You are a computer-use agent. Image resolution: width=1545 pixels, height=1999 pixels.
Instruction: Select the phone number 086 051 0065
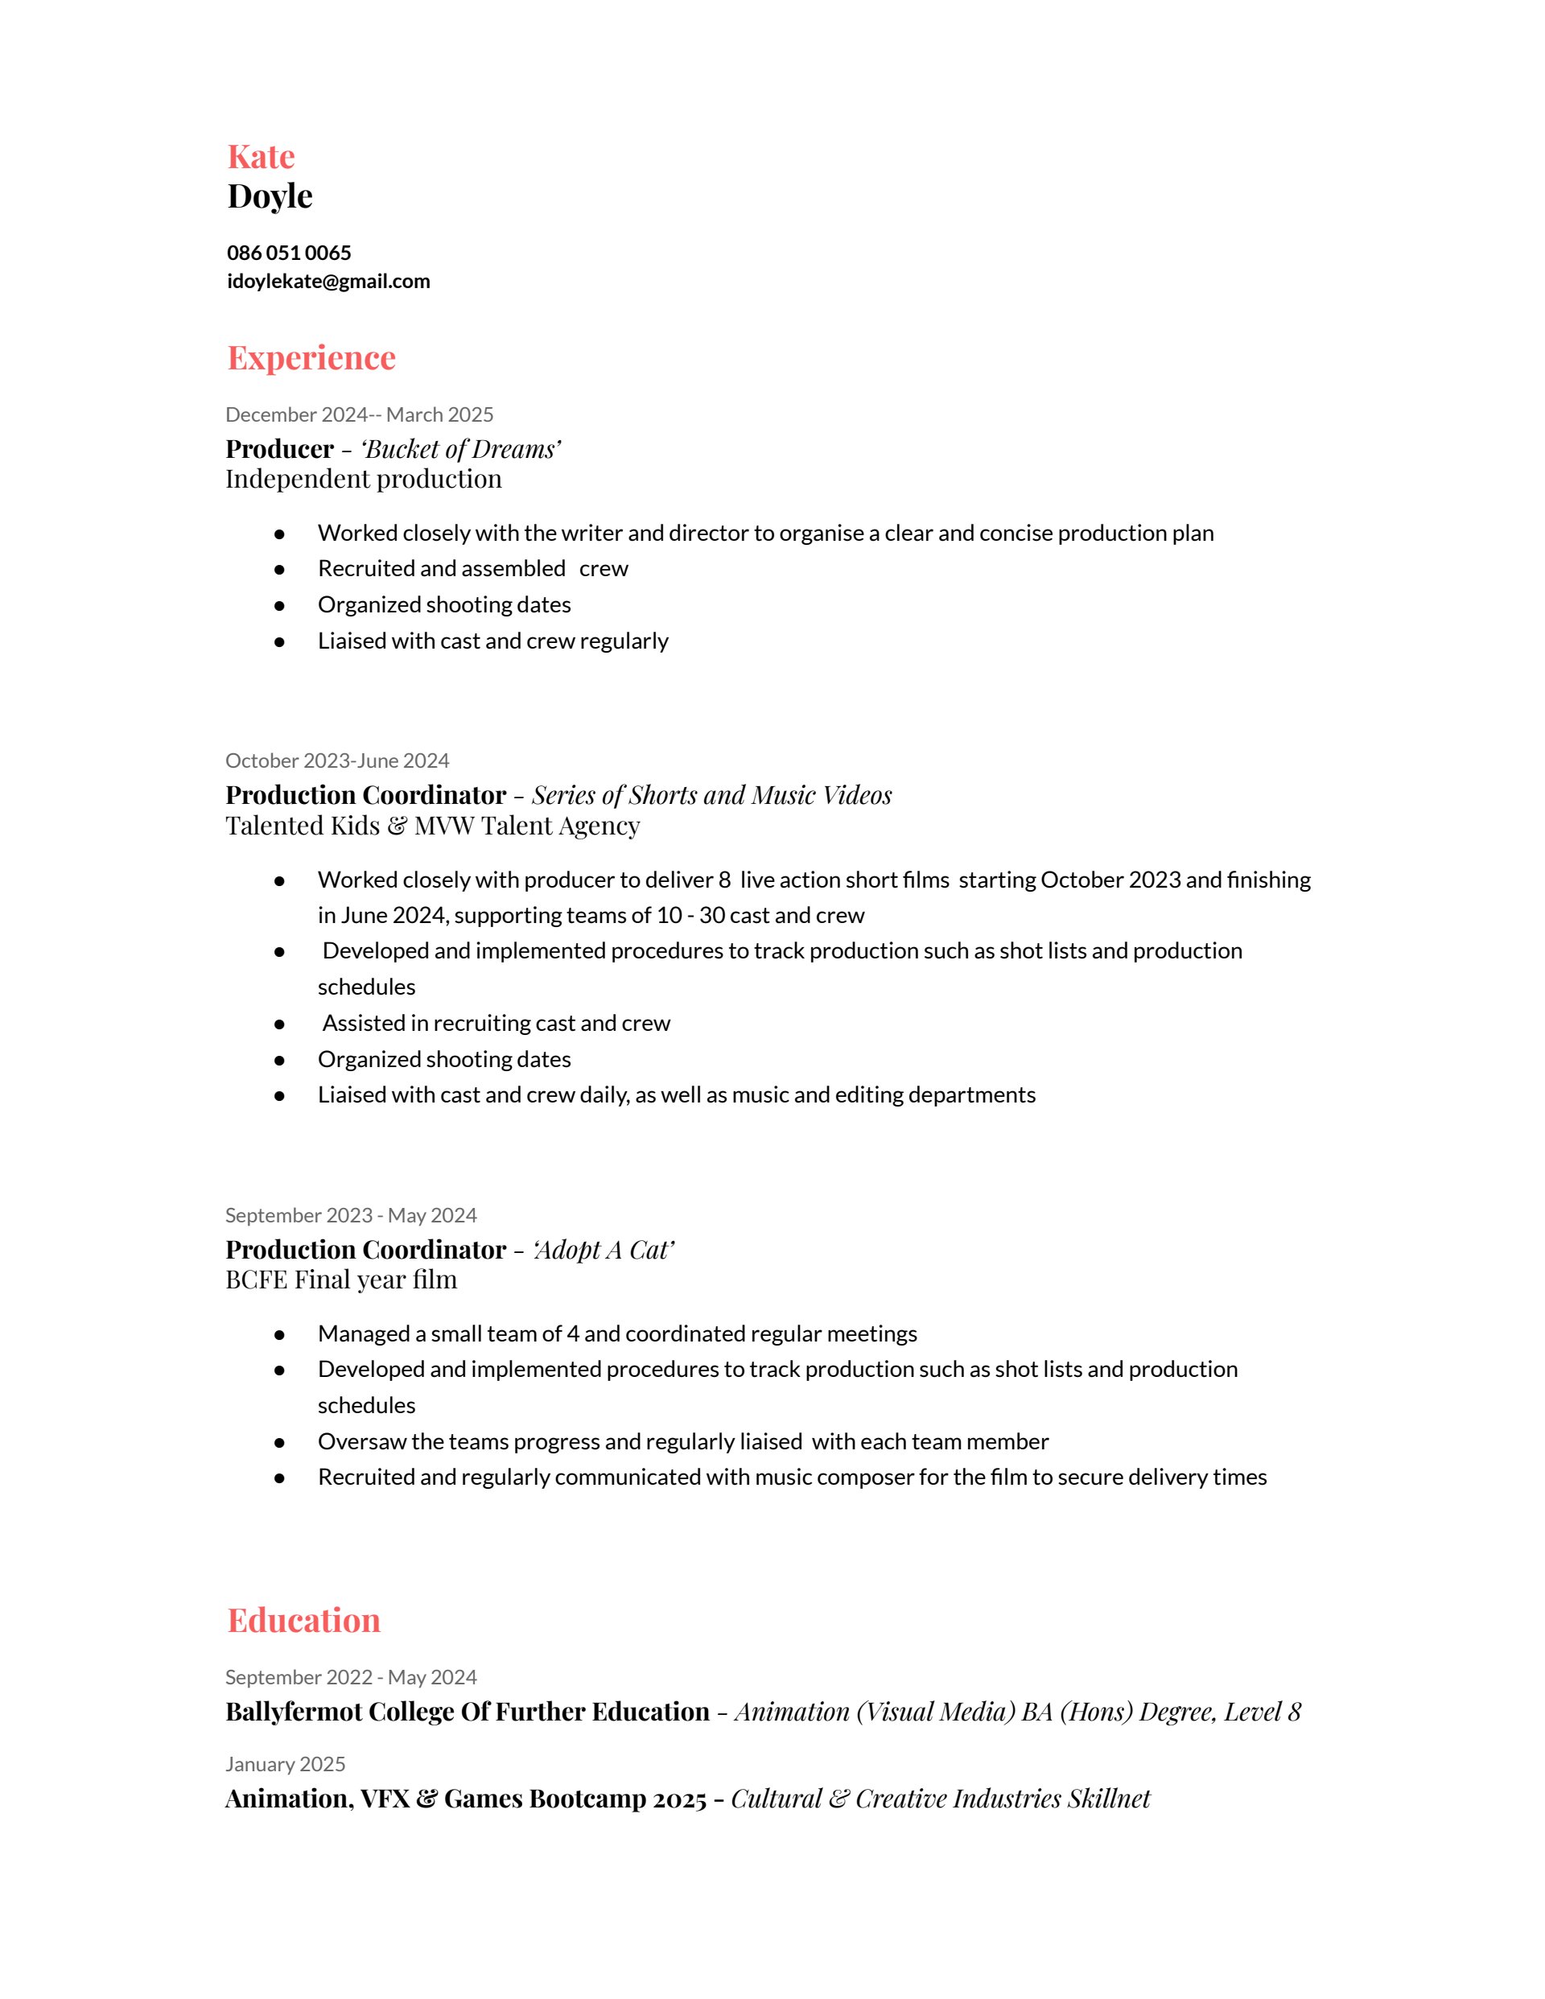click(x=288, y=253)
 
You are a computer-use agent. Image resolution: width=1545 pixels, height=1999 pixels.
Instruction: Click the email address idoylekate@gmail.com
click(x=328, y=281)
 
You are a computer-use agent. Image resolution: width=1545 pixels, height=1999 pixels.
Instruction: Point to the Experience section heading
click(x=311, y=357)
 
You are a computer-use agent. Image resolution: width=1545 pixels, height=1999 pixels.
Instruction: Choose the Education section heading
click(x=303, y=1620)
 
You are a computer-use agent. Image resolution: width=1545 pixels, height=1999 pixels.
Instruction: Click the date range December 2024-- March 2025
click(x=359, y=414)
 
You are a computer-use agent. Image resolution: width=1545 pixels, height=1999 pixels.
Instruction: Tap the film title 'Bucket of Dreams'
click(x=460, y=449)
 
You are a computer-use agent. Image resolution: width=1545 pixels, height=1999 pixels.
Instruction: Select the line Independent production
click(x=364, y=479)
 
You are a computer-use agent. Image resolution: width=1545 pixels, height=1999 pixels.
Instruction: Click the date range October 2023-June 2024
click(x=337, y=760)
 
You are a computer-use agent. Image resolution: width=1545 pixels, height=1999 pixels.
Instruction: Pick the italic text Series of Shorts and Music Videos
click(x=711, y=795)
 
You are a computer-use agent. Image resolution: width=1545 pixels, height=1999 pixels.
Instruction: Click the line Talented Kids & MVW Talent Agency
click(x=432, y=826)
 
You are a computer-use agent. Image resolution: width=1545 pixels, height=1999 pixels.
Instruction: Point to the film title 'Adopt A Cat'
click(x=604, y=1251)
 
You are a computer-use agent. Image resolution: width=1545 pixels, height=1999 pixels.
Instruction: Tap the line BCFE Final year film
click(x=340, y=1280)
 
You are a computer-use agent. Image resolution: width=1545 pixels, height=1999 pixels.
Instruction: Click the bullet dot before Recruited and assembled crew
click(x=279, y=569)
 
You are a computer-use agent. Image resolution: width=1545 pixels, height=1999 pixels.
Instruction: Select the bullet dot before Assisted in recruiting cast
click(x=279, y=1024)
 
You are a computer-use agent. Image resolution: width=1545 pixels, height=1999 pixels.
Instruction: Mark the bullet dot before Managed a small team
click(x=279, y=1334)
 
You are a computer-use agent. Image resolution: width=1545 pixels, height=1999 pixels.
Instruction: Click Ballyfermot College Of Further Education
click(x=467, y=1712)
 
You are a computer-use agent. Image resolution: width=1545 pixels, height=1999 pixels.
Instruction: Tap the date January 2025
click(x=285, y=1764)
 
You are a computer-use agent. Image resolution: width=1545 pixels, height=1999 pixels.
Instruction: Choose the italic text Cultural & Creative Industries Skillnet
click(x=940, y=1799)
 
